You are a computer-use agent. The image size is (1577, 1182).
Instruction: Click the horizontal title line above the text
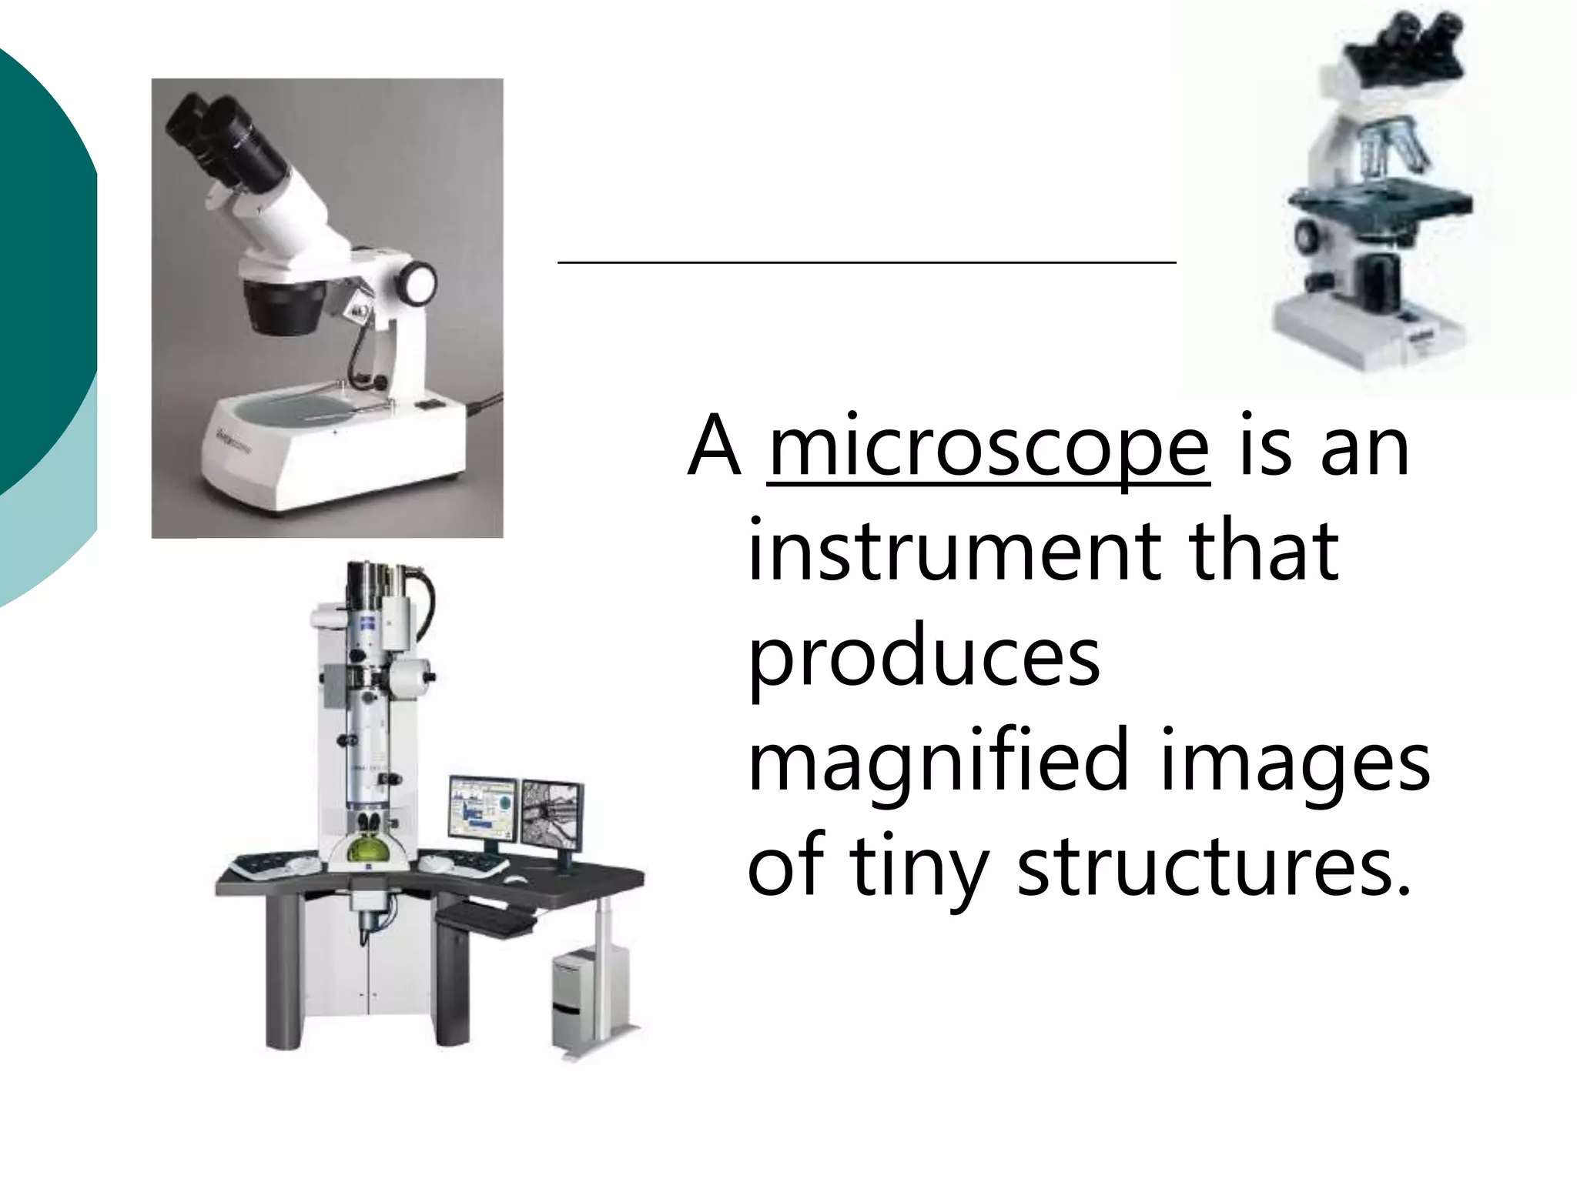866,263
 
